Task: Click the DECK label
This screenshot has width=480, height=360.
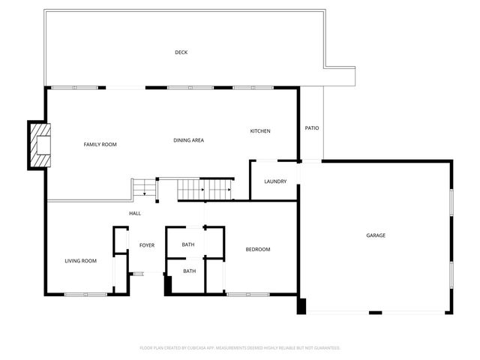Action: click(x=181, y=52)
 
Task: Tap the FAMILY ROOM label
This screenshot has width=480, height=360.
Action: click(x=100, y=144)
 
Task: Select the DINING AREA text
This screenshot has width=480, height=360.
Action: click(x=188, y=140)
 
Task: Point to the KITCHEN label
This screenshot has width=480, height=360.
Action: click(x=260, y=131)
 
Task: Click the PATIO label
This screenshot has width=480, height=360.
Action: click(x=312, y=128)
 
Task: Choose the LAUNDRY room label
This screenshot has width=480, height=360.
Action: click(x=275, y=181)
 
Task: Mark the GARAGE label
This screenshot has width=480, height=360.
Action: click(x=376, y=235)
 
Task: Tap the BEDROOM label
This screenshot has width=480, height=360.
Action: click(x=258, y=249)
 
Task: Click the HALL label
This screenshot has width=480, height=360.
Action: click(x=135, y=214)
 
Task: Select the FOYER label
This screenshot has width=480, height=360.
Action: click(x=146, y=245)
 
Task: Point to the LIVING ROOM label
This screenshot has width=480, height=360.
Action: click(x=80, y=261)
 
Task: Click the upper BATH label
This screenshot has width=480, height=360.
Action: click(x=188, y=244)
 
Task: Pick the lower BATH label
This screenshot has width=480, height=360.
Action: click(x=190, y=271)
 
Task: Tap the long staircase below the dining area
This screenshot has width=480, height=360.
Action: click(x=205, y=190)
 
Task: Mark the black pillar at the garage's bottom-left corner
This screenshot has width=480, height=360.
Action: click(x=301, y=306)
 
